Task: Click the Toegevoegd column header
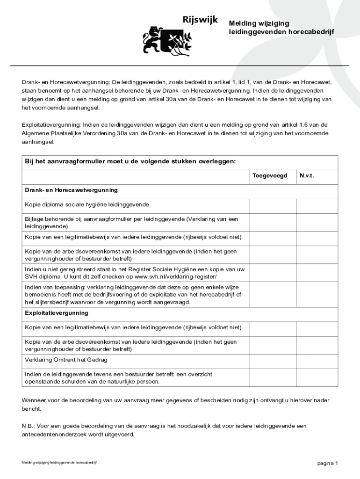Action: click(x=270, y=176)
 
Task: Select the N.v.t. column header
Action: click(x=307, y=176)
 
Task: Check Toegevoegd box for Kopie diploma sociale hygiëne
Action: click(x=272, y=205)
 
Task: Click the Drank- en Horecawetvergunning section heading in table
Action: click(x=71, y=190)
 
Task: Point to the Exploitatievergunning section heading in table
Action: click(x=57, y=312)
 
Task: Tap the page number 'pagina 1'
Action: click(x=327, y=463)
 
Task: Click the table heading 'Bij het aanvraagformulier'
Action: click(x=130, y=161)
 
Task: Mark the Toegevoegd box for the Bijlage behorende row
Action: click(x=272, y=222)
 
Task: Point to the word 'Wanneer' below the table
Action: click(x=34, y=400)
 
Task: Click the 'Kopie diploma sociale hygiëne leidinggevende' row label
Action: click(x=87, y=205)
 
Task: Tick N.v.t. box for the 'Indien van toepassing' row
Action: click(x=317, y=294)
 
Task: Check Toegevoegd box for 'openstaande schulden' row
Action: click(x=272, y=377)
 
